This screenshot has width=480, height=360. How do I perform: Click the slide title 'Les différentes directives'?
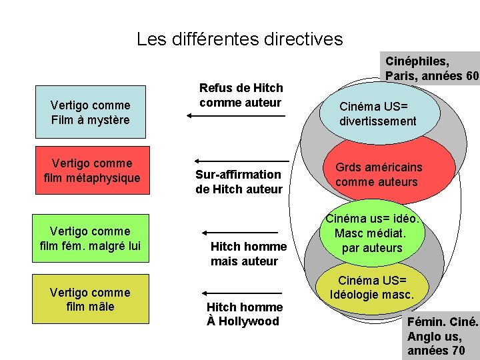click(x=239, y=39)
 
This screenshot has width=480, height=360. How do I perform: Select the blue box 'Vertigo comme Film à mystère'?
click(x=90, y=113)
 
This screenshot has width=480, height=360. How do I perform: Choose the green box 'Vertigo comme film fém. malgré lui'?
click(x=90, y=239)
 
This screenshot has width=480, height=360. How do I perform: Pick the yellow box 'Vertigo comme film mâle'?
click(x=90, y=299)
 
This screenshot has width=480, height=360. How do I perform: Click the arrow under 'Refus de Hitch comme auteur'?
click(x=236, y=116)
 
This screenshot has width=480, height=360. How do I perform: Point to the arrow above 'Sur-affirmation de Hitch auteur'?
click(x=241, y=161)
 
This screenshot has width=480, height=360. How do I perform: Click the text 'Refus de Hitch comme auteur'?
click(x=241, y=95)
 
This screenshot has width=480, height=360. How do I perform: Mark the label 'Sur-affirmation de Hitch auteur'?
click(x=239, y=181)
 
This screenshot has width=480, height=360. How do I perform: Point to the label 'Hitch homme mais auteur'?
click(x=248, y=253)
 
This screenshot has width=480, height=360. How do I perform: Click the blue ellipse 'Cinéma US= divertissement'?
click(x=377, y=113)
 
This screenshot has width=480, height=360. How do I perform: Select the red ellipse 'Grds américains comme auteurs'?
click(x=377, y=175)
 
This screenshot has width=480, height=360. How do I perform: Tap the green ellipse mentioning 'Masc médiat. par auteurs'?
click(x=377, y=233)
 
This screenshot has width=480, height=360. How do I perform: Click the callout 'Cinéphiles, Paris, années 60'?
click(x=431, y=67)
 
